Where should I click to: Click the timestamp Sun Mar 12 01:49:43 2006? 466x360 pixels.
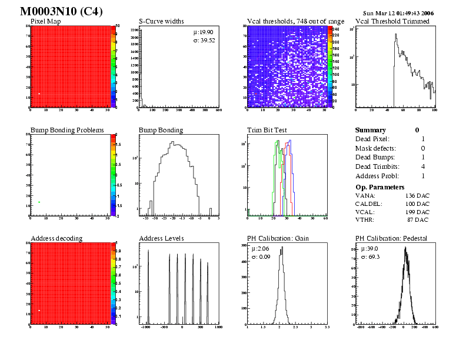[x=399, y=13]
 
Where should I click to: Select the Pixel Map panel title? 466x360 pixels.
[x=49, y=22]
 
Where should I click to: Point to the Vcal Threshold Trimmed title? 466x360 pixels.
[x=392, y=22]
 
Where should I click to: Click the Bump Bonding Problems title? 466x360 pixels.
[x=67, y=130]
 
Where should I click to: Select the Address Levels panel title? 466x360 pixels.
[x=161, y=238]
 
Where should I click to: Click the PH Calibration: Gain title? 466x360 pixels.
[x=278, y=238]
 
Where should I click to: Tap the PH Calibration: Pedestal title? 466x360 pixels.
[x=391, y=238]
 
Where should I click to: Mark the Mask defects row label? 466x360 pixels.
[x=376, y=148]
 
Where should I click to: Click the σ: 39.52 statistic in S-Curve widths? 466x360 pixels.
[x=204, y=40]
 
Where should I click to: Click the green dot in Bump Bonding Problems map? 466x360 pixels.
[x=39, y=202]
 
